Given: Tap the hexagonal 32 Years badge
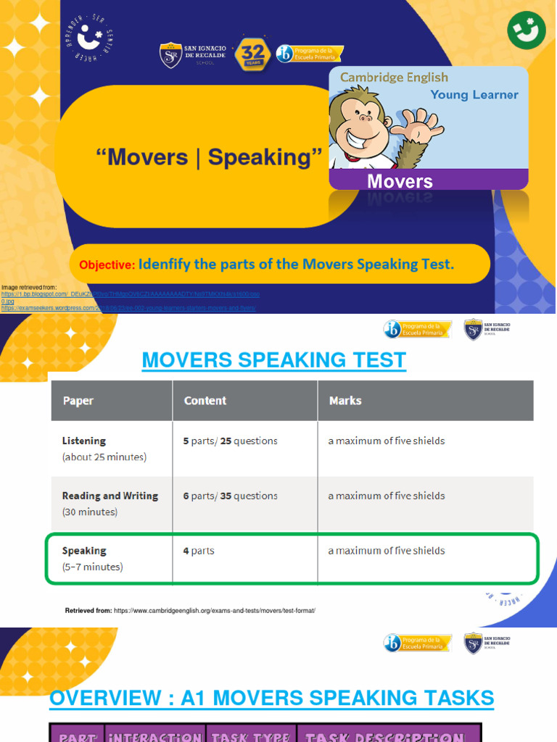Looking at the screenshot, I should (252, 55).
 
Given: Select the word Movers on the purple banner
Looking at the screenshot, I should (400, 180).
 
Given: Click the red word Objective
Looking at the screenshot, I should (107, 265).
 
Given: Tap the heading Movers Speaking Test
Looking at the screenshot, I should (274, 360).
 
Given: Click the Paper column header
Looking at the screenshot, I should (78, 401).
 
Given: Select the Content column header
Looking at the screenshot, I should (205, 401).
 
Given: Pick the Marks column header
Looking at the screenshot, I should (345, 401).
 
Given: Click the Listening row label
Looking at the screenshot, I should (84, 441).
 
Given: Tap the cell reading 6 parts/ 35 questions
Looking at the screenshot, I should (230, 496).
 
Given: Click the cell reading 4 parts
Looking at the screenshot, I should (199, 551).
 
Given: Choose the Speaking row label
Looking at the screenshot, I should (84, 551).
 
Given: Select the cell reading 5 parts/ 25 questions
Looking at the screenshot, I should (230, 441).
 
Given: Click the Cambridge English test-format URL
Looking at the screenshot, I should (215, 611).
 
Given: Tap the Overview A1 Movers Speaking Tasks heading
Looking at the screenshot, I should (271, 699).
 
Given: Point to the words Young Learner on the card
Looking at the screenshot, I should (474, 95).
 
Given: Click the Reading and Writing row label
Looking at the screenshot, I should (110, 496).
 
